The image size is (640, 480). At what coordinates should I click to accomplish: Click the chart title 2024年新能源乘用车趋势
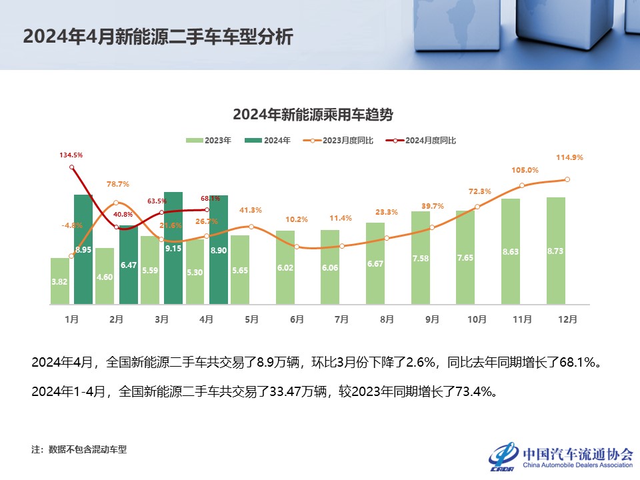click(x=313, y=115)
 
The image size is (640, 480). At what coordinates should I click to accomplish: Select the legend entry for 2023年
click(x=208, y=141)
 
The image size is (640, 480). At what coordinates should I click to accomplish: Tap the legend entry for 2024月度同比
click(x=424, y=141)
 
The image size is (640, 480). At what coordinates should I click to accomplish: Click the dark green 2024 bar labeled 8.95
click(x=83, y=249)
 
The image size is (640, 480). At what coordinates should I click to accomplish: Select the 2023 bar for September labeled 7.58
click(x=421, y=258)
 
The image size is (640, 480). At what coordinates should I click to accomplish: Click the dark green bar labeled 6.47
click(x=129, y=265)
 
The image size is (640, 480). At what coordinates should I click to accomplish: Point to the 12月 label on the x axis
click(x=567, y=319)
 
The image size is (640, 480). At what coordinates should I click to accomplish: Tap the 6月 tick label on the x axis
click(x=297, y=319)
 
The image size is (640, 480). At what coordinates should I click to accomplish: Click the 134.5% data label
click(x=71, y=155)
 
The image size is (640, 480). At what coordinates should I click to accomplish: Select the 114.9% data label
click(x=570, y=157)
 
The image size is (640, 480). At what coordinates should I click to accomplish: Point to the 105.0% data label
click(x=525, y=170)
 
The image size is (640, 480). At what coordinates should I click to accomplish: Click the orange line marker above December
click(x=567, y=179)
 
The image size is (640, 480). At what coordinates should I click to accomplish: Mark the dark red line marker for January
click(x=71, y=167)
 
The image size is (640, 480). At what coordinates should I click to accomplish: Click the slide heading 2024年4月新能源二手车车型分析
click(x=158, y=36)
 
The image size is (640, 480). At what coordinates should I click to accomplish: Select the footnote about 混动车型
click(x=79, y=449)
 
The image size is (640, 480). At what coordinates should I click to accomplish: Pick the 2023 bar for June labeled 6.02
click(x=285, y=267)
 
